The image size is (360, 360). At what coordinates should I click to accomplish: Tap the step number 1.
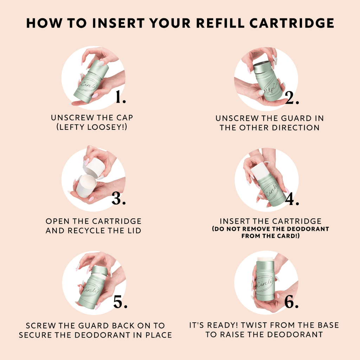click(x=120, y=98)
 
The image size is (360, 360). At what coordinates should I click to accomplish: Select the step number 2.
click(x=292, y=98)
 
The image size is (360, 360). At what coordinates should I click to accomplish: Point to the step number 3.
click(x=119, y=199)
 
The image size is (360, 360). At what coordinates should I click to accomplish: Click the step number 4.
click(x=292, y=199)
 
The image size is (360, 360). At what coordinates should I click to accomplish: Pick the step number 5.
click(x=120, y=302)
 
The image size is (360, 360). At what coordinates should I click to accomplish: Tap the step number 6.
click(x=291, y=302)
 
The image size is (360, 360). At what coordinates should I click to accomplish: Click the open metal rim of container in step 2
click(x=262, y=66)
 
